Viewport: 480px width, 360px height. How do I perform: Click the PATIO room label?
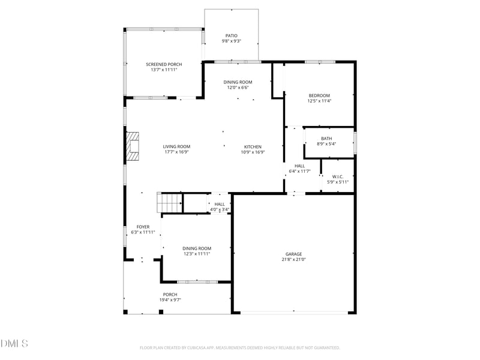click(232, 36)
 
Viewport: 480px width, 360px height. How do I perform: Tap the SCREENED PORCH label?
click(164, 64)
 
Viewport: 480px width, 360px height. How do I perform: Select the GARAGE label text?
click(293, 254)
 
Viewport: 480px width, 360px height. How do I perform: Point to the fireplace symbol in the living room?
click(133, 146)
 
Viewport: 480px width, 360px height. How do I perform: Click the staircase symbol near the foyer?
click(170, 202)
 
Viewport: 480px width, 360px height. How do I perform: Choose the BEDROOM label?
click(319, 95)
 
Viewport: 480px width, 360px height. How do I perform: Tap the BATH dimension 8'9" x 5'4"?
click(326, 144)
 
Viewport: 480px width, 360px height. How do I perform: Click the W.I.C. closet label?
click(338, 176)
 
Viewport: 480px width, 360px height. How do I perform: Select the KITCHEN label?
click(253, 146)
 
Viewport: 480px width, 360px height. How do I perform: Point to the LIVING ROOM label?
click(176, 146)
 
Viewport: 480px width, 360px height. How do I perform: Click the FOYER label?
click(143, 227)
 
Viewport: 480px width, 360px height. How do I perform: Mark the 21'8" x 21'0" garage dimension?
click(293, 260)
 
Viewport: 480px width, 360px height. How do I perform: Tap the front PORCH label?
click(170, 295)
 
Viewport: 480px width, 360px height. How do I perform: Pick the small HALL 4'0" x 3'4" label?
click(220, 207)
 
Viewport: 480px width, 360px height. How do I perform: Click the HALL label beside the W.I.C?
click(299, 166)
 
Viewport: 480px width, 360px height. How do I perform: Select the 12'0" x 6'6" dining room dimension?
click(238, 88)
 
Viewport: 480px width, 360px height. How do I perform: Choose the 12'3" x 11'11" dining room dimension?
click(197, 254)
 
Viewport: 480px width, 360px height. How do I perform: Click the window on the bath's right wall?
click(355, 143)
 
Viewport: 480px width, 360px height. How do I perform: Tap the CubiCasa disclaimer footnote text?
click(239, 348)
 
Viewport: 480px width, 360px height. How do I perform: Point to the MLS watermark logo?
click(14, 343)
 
